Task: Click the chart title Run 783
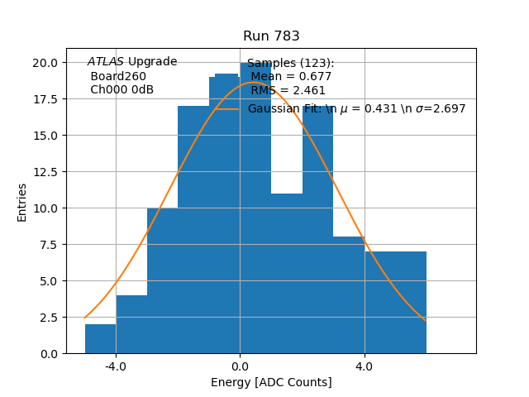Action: [x=271, y=36]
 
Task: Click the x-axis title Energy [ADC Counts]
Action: [x=271, y=382]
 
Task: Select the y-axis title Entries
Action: [x=22, y=202]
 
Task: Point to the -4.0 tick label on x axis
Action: [x=116, y=366]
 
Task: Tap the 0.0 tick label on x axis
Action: [x=240, y=366]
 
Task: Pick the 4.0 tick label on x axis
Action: [x=364, y=366]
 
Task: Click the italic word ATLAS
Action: [x=106, y=62]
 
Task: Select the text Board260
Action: [x=117, y=76]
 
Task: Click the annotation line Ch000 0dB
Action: [x=122, y=90]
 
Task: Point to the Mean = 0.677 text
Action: [x=292, y=77]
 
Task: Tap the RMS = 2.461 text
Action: [x=288, y=91]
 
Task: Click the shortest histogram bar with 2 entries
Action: [x=100, y=339]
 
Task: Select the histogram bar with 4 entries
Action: [x=131, y=324]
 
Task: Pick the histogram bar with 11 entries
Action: [x=287, y=273]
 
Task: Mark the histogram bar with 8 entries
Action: [x=349, y=295]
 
